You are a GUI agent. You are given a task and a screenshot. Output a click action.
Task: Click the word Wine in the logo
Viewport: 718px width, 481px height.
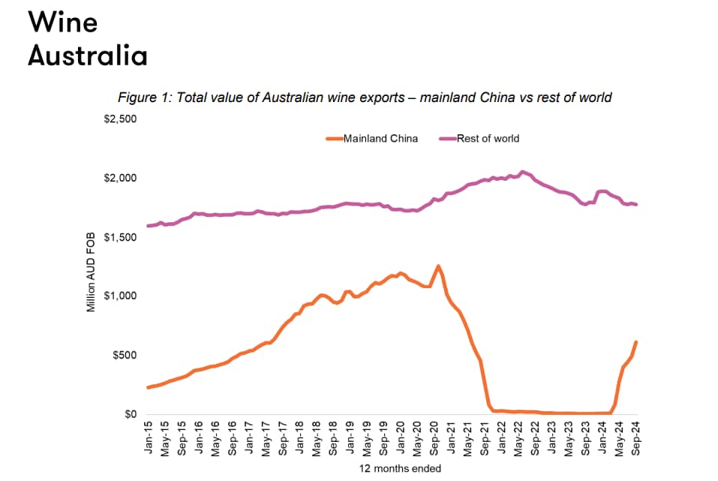[x=63, y=22]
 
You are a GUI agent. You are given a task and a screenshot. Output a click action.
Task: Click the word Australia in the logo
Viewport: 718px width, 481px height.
[x=87, y=56]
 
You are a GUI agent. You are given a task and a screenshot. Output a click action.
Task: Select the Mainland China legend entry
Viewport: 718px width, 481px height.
[x=380, y=138]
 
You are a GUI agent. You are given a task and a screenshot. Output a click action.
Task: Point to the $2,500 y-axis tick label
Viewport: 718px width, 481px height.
[x=120, y=119]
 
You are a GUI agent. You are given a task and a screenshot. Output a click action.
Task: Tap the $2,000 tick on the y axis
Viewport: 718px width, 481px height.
[x=120, y=179]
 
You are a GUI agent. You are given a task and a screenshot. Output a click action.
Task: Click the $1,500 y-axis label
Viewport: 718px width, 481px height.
[x=120, y=237]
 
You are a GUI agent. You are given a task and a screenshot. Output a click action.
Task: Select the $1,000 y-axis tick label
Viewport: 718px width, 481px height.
[x=120, y=296]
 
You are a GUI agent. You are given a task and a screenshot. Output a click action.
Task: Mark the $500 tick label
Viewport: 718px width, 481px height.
[x=125, y=355]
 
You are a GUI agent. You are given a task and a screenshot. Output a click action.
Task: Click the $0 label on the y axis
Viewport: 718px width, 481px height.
[x=129, y=414]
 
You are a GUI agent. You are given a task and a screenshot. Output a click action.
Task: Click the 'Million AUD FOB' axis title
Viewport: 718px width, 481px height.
[x=92, y=266]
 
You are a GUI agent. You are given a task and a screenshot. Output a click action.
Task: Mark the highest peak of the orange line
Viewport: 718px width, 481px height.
[x=438, y=266]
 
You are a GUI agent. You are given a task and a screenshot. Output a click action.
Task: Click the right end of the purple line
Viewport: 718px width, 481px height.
[x=637, y=204]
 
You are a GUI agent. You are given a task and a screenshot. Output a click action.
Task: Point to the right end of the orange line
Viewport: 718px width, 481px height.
[x=636, y=342]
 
